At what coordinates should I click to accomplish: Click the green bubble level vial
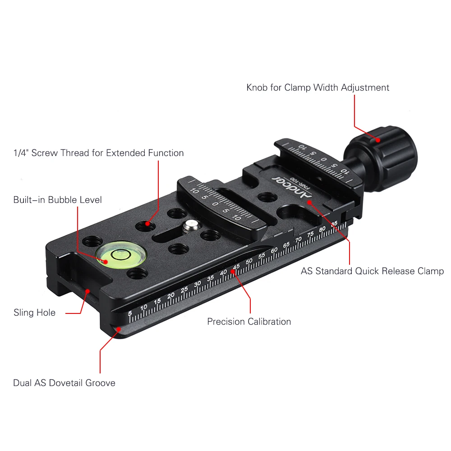pos(121,254)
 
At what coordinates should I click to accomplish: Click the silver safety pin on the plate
pos(191,225)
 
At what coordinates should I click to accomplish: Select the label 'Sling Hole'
pos(35,313)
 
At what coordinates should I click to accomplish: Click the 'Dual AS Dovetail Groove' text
pos(64,383)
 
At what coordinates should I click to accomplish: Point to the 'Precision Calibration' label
pos(249,321)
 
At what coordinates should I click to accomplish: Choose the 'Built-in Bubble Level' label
pos(58,200)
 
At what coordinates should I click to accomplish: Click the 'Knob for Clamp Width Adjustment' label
pos(318,87)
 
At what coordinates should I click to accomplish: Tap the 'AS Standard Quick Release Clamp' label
pos(372,271)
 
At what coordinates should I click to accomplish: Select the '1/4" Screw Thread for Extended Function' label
pos(99,153)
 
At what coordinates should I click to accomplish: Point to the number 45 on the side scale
pos(236,267)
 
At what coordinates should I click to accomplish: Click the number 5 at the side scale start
pos(130,313)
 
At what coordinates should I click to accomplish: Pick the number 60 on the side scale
pos(274,250)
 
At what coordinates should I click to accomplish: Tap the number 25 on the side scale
pos(184,290)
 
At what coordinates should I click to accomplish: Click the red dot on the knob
pos(378,140)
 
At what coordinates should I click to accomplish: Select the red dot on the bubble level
pos(106,262)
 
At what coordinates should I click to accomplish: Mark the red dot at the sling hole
pos(87,291)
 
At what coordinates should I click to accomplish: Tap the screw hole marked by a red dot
pos(146,225)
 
